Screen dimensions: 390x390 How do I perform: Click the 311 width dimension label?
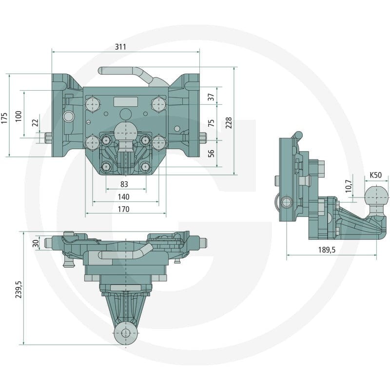coord(120,47)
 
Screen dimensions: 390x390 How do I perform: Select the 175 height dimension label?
coord(4,118)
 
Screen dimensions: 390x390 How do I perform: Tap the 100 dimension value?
coord(19,116)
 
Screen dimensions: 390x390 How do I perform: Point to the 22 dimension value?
coord(36,122)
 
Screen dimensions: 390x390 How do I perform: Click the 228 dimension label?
coord(228,123)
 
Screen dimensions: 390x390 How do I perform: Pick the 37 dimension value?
coord(211,97)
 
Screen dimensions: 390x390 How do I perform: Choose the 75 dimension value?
coord(211,123)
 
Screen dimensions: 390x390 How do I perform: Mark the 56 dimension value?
coord(211,153)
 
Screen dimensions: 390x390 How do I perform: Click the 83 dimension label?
coord(124,184)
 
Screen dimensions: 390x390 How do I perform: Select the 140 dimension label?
coord(124,197)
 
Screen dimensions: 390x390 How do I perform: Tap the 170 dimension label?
coord(124,209)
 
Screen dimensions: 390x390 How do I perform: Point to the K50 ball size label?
coord(375,175)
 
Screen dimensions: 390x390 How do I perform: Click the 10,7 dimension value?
coord(349,186)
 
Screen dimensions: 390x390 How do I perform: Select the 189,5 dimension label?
coord(327,250)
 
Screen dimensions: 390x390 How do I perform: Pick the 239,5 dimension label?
coord(19,290)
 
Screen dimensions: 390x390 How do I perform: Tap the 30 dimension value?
coord(36,243)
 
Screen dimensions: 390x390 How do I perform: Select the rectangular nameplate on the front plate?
coord(126,102)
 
